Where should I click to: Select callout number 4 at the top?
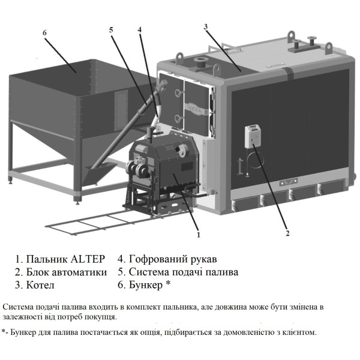point(139,30)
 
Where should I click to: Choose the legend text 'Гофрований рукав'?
point(172,259)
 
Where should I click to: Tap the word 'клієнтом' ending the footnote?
point(298,332)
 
